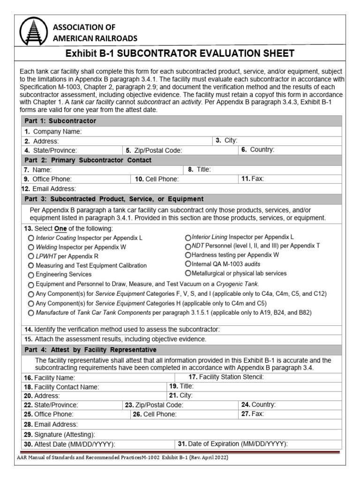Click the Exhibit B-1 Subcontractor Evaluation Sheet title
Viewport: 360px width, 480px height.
coord(180,53)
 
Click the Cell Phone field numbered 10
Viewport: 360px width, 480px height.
coord(206,179)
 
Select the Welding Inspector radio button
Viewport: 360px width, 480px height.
coord(31,247)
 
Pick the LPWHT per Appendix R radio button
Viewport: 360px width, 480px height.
coord(31,257)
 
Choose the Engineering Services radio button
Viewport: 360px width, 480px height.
coord(31,275)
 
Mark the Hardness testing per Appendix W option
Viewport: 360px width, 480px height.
coord(188,255)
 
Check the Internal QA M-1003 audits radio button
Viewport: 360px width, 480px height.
coord(188,264)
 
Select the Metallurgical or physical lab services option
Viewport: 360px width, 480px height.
coord(188,273)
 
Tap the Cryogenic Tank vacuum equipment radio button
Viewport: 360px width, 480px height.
coord(31,285)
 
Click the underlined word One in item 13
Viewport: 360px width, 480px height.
coord(61,228)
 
